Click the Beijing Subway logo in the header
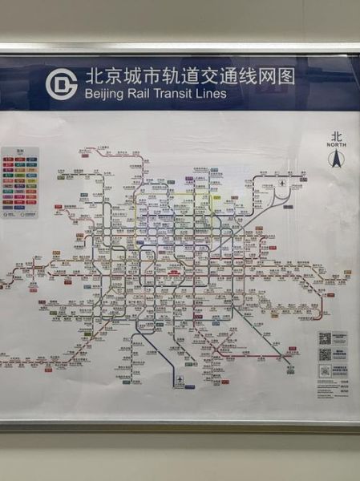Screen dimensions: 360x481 click(x=61, y=84)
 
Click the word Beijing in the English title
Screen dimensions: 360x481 click(x=105, y=94)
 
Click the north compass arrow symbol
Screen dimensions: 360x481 click(x=335, y=160)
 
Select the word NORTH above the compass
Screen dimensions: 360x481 click(x=335, y=145)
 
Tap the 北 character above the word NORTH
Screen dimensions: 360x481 click(x=335, y=137)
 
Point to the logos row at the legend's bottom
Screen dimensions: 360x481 click(x=20, y=214)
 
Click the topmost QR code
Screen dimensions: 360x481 click(x=325, y=338)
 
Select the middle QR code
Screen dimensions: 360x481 click(x=325, y=354)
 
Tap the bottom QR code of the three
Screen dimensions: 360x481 click(x=325, y=370)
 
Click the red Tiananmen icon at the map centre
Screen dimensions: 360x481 click(x=171, y=271)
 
